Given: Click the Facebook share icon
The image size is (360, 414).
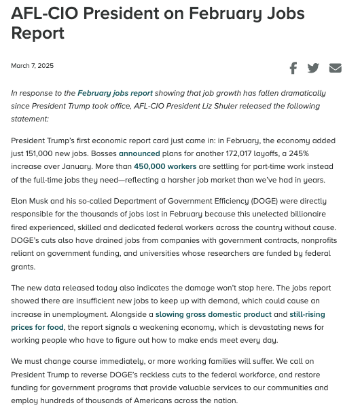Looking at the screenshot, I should [293, 68].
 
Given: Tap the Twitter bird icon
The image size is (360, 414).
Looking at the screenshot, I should [313, 68].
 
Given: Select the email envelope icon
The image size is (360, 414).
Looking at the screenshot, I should [335, 68].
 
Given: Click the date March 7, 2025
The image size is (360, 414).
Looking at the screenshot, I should [32, 66].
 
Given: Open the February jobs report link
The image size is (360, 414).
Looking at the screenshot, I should [115, 93].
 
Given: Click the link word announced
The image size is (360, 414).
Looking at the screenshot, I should [139, 153].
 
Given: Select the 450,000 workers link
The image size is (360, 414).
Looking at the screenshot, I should [165, 166].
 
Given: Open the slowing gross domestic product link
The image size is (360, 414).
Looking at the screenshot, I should [213, 314].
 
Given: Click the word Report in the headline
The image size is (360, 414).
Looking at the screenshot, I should [37, 33].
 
